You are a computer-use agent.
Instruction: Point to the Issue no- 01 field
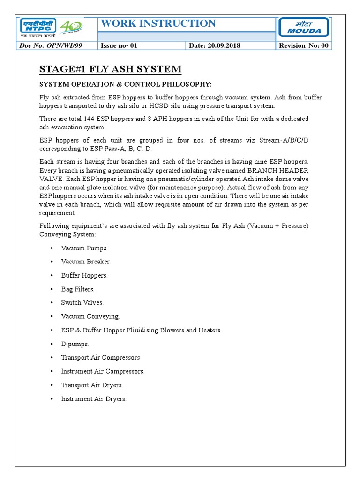pos(120,45)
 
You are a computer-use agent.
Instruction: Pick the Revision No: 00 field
pos(304,45)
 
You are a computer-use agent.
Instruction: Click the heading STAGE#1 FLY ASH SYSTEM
pos(110,69)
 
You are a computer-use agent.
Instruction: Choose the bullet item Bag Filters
pos(78,289)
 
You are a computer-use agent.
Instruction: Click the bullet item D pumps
pos(75,344)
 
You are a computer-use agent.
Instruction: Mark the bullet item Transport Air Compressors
pos(100,358)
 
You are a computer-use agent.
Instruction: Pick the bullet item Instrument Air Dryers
pos(94,399)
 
